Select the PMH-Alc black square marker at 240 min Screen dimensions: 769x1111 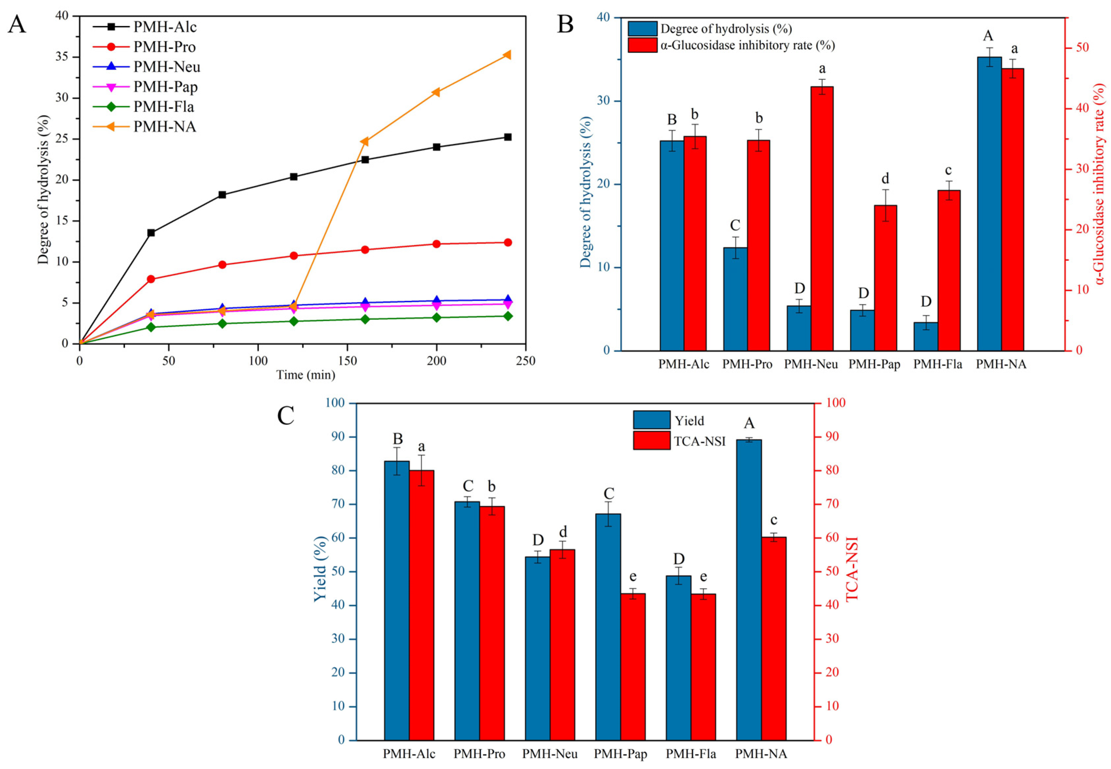click(507, 137)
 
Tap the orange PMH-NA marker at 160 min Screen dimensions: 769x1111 click(365, 142)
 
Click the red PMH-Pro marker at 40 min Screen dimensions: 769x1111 click(151, 279)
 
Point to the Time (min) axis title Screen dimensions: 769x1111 click(306, 375)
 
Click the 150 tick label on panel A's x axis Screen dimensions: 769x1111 click(347, 361)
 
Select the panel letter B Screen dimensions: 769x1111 click(565, 24)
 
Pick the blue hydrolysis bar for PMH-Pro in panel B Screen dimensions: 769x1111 click(735, 299)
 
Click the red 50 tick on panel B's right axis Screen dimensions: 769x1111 click(1077, 48)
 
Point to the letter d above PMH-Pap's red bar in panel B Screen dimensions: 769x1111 click(885, 179)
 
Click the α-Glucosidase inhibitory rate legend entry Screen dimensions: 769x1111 click(747, 45)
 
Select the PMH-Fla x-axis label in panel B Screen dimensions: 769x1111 click(938, 364)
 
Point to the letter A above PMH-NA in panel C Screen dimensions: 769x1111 click(749, 423)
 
